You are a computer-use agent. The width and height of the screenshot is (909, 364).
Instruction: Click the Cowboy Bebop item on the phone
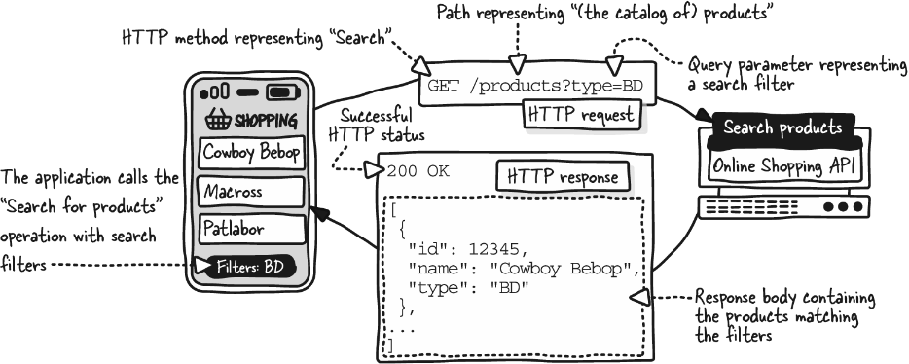click(x=252, y=153)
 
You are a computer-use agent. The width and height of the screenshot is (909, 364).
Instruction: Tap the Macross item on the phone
click(x=252, y=192)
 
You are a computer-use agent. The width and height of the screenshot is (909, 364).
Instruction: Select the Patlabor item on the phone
click(x=252, y=230)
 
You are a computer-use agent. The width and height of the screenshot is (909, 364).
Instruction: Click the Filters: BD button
click(x=250, y=268)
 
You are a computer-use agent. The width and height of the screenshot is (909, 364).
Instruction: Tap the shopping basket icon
click(x=219, y=120)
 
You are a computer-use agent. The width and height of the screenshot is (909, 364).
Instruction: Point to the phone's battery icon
click(x=282, y=92)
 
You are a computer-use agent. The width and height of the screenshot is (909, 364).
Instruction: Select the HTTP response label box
click(x=563, y=177)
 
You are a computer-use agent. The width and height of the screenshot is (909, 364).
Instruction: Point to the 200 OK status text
click(x=418, y=171)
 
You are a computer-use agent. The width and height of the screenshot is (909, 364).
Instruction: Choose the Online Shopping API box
click(x=784, y=165)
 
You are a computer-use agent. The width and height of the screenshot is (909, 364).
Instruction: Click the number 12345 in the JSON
click(x=498, y=250)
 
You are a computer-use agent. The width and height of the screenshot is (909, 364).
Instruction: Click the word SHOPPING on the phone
click(x=266, y=122)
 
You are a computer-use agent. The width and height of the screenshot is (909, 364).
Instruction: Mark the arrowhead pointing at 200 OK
click(x=375, y=169)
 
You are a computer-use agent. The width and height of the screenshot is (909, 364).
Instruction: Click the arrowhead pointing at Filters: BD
click(x=202, y=266)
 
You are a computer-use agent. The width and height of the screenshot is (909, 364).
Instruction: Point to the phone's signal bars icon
click(x=214, y=92)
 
